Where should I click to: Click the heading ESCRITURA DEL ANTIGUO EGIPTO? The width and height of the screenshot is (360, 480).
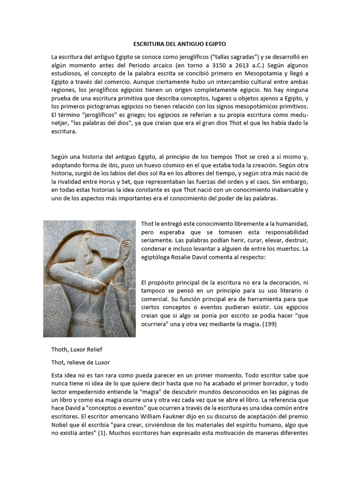coord(180,44)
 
